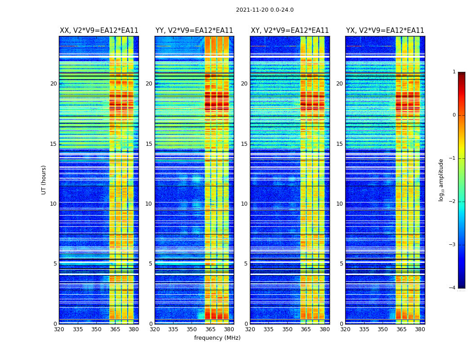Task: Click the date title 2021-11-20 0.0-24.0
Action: point(265,10)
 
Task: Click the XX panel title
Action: point(99,31)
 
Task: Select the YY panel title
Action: point(194,31)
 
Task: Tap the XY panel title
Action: point(289,31)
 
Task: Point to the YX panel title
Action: point(385,31)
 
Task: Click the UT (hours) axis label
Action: point(44,180)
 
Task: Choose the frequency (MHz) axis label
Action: point(217,338)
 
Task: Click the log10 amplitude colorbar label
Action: point(441,180)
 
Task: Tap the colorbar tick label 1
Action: point(454,72)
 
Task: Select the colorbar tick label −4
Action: point(453,288)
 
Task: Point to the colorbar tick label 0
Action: point(454,115)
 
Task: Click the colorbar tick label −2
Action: point(453,202)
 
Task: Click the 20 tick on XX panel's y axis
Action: point(53,84)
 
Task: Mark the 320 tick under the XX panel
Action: point(59,329)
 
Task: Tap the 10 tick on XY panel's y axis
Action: point(244,204)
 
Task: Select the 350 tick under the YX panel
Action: point(383,329)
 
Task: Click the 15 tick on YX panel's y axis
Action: point(339,144)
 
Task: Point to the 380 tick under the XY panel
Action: point(325,329)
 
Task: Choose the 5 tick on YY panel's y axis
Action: point(151,264)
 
